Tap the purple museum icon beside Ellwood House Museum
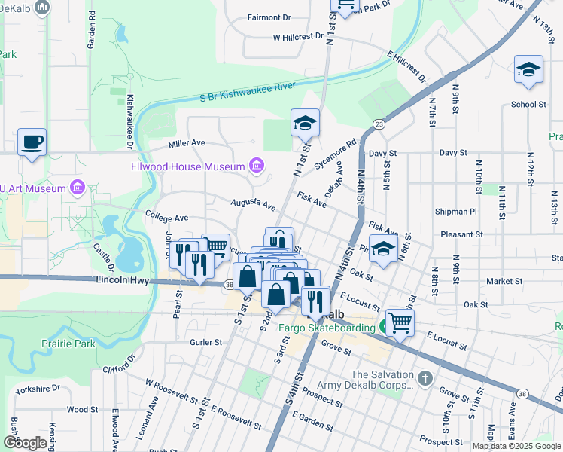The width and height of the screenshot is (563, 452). (x=257, y=166)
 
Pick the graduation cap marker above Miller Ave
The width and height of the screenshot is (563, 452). (x=306, y=123)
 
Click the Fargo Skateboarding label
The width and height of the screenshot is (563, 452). (x=327, y=328)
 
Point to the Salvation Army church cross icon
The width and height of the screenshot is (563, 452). (x=425, y=376)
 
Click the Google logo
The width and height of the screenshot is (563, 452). (x=26, y=442)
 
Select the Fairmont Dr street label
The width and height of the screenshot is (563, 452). (x=269, y=17)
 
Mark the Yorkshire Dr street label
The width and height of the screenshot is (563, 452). (x=42, y=389)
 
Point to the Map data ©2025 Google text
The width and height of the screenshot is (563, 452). (x=516, y=446)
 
